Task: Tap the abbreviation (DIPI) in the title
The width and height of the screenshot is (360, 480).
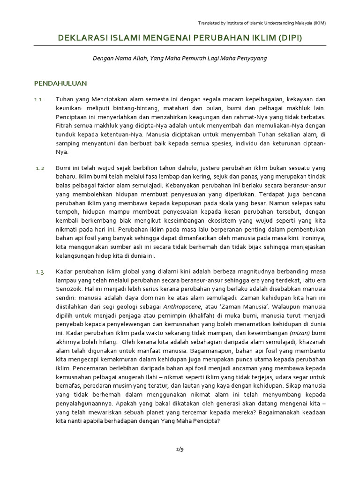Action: click(288, 38)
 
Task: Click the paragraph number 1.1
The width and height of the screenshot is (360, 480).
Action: click(38, 100)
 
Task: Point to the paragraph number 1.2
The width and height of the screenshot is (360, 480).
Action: click(39, 168)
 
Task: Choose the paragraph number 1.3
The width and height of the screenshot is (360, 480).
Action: click(39, 272)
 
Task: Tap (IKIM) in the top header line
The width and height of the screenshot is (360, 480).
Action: click(319, 23)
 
